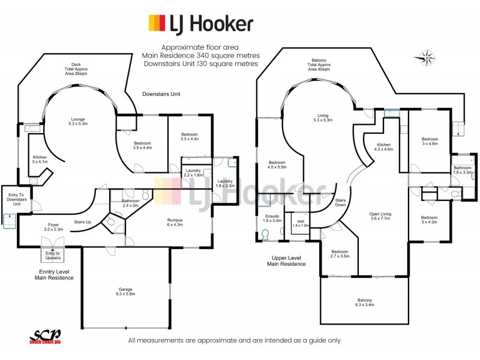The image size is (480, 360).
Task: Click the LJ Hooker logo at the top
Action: point(201,23)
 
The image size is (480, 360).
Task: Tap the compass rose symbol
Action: point(425,58)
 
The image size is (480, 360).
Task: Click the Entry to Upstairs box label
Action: point(53,256)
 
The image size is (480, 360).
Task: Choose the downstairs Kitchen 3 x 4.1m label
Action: point(40,159)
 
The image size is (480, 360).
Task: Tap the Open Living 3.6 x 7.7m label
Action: point(380,216)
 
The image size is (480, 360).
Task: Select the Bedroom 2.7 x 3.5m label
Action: point(340,254)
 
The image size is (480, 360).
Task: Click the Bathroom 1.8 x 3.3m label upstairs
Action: point(463,170)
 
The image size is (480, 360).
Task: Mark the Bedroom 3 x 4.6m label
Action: point(430,142)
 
